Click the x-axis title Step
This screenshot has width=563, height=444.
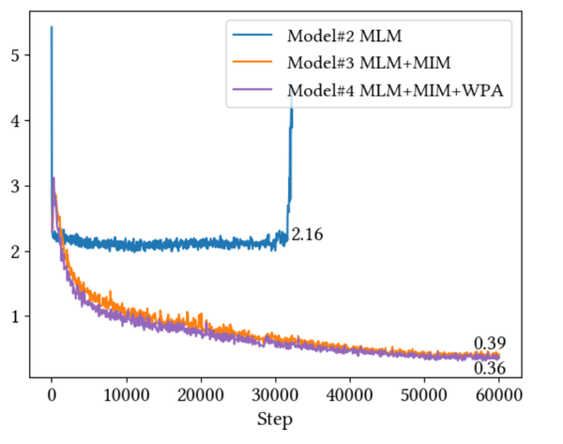pos(275,419)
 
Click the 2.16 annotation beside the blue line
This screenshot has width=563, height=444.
pos(307,235)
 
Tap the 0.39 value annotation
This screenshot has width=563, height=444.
pos(490,343)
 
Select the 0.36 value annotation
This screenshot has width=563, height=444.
pos(490,369)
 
